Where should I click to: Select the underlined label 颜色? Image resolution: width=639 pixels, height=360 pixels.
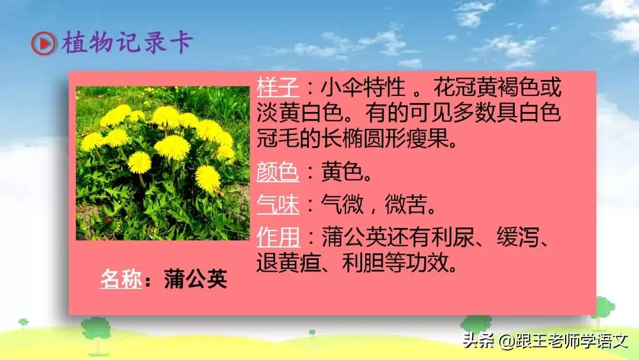278,174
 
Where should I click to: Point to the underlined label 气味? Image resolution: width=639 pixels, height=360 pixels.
278,206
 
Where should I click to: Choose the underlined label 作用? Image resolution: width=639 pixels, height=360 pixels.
278,239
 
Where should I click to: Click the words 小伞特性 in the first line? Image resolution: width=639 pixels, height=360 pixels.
364,89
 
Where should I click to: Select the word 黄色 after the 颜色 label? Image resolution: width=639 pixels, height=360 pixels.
342,174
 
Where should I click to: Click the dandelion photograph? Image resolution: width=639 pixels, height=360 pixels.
163,163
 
